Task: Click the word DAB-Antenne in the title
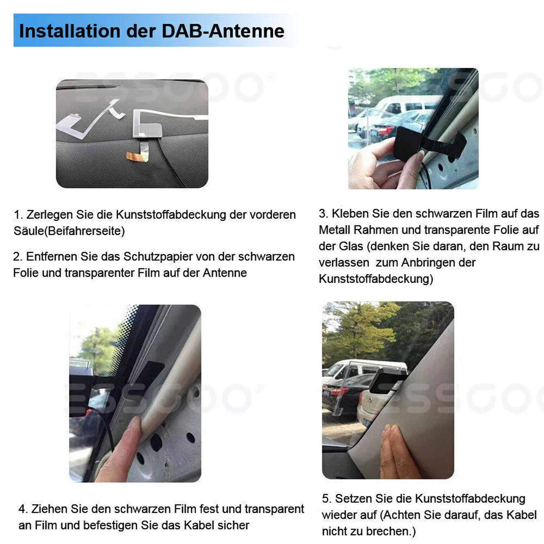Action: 223,31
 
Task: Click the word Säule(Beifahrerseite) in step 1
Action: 69,231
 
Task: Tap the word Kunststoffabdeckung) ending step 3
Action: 376,279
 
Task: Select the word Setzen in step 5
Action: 354,499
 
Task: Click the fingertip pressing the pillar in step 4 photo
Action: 136,425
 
